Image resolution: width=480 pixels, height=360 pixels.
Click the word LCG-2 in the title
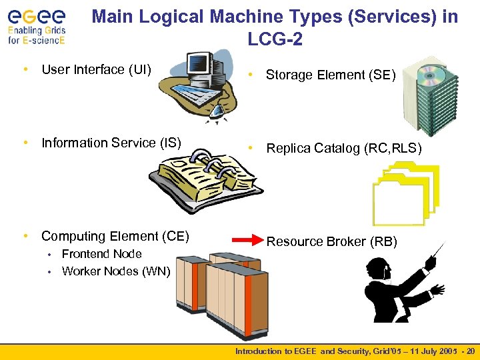coord(275,40)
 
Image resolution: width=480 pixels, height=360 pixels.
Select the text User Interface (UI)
coord(96,69)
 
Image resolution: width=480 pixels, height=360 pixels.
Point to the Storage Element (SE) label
coord(331,75)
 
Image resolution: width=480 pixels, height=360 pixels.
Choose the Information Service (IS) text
coord(111,143)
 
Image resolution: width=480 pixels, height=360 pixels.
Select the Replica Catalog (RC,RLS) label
coord(344,149)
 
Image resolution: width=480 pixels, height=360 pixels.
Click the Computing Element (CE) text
coord(115,236)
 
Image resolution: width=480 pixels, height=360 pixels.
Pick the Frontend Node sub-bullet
coord(101,254)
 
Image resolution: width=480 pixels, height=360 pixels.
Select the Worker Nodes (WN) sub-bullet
coord(116,271)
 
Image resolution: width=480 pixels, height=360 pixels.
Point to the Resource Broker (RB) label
coord(331,241)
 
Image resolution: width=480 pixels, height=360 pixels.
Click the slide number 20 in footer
coord(471,351)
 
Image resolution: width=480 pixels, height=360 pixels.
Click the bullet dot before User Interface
coord(25,69)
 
